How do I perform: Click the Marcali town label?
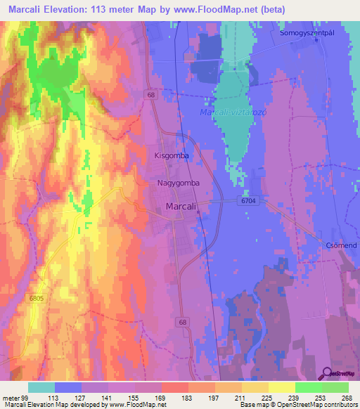tap(180, 207)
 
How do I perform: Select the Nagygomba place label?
tap(179, 183)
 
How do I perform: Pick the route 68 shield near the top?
tap(151, 93)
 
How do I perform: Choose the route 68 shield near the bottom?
tap(184, 321)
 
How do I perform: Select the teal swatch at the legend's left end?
tap(41, 387)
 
